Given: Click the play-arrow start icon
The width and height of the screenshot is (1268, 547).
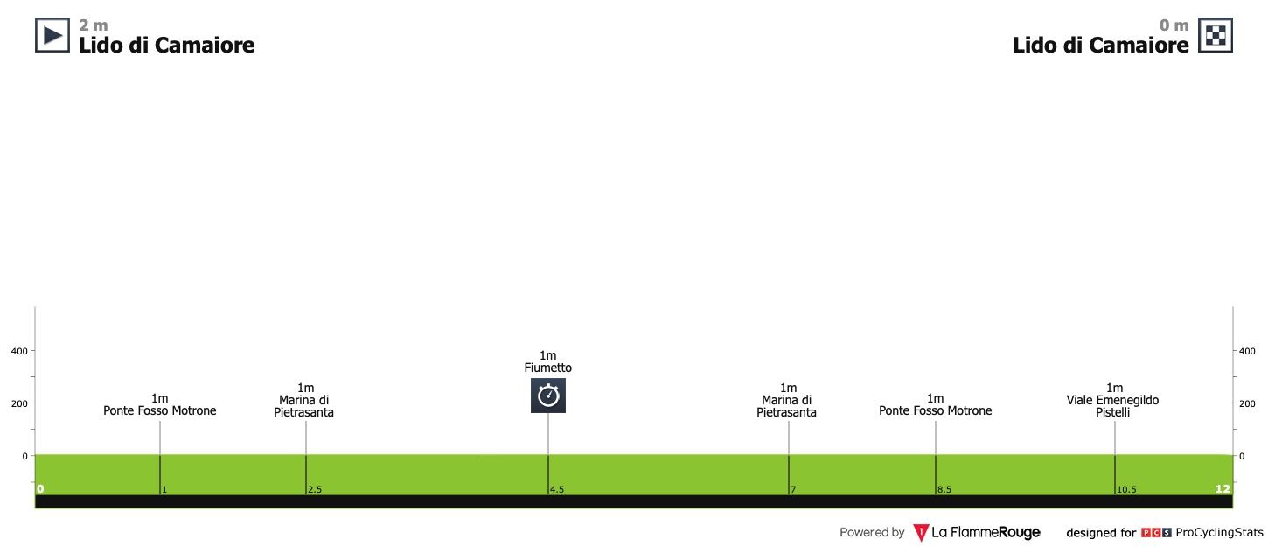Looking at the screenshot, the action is point(52,35).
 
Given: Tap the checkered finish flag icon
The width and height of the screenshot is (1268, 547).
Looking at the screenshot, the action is point(1215,35).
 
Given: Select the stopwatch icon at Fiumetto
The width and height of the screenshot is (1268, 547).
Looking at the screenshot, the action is point(548,396).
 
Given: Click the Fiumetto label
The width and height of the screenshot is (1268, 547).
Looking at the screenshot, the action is point(548,368).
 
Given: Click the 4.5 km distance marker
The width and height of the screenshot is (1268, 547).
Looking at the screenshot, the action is point(557,490).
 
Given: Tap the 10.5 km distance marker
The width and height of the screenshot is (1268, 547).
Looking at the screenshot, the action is point(1126,490).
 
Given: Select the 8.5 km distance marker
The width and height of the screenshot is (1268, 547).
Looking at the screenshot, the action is point(944,490).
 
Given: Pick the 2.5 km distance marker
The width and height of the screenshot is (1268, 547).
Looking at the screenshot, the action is point(315,490).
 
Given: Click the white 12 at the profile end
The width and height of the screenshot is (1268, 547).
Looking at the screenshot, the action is point(1222,489).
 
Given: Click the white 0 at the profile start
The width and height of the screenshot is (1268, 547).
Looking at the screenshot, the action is point(40,489).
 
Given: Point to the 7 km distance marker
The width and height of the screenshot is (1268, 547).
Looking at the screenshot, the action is point(793,490).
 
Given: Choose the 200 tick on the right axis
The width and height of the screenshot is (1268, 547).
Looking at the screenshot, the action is point(1248,403).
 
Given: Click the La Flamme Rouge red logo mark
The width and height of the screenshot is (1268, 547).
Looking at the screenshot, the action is point(920,532).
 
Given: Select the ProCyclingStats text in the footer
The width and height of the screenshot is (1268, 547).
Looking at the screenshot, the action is point(1219,532).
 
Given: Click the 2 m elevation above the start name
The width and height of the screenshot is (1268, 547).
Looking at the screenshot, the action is point(94,25).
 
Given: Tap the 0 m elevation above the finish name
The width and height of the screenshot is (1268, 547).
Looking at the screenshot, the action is point(1174,25).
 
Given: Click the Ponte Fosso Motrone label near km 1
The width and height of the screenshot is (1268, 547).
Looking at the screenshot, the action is point(160,410).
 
